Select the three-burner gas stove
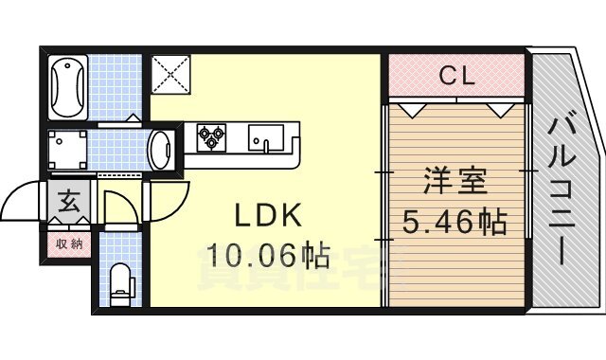211,139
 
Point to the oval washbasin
161,149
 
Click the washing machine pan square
68,150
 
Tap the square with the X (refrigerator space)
170,75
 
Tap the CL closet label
455,77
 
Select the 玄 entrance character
69,201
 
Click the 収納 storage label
69,243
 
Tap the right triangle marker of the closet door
498,109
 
